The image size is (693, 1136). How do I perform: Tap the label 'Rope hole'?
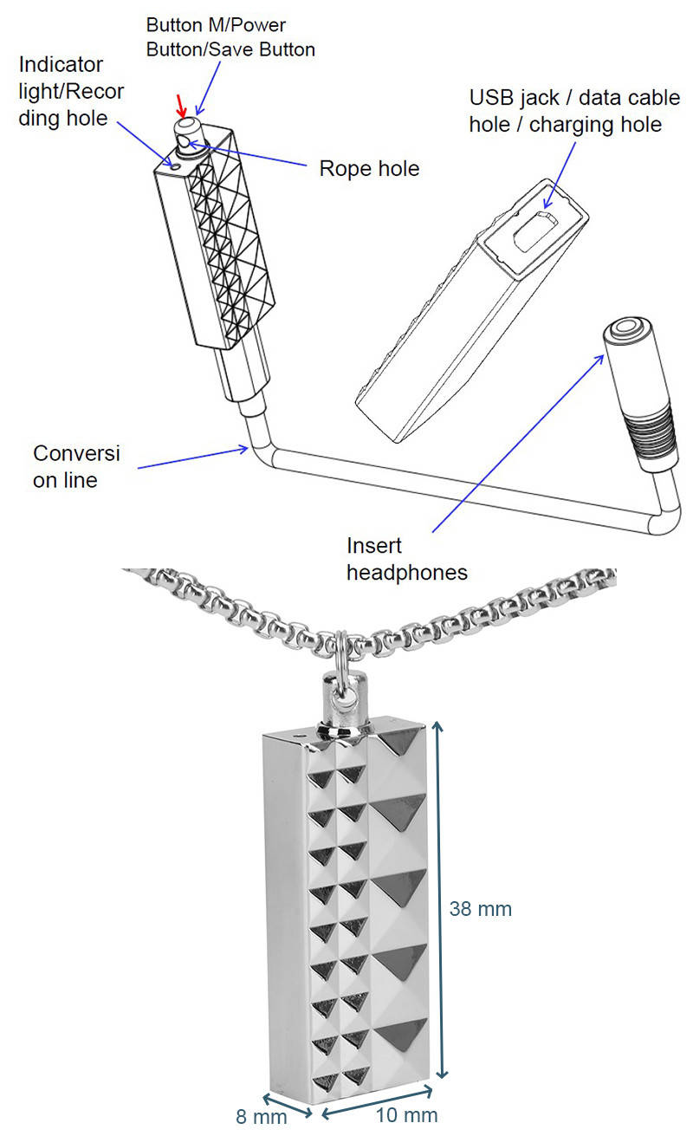[x=370, y=168]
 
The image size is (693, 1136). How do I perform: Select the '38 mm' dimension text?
[x=481, y=909]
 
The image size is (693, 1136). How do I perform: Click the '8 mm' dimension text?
[x=261, y=1116]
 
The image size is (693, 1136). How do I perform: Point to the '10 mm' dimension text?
[x=406, y=1115]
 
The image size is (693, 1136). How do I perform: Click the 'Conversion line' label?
[x=77, y=466]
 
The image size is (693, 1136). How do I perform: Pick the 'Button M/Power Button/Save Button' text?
[x=230, y=37]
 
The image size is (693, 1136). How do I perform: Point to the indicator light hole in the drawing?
[x=176, y=162]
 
